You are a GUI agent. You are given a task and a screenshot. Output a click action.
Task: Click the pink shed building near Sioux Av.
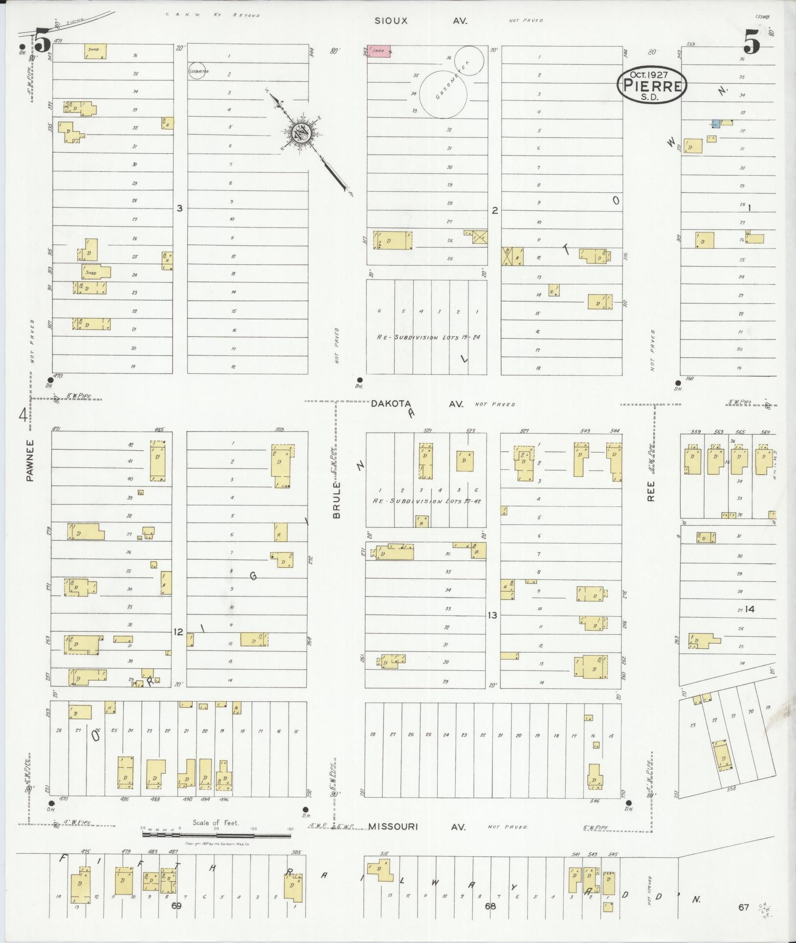pos(379,51)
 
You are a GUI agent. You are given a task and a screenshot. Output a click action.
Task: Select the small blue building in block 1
pos(715,123)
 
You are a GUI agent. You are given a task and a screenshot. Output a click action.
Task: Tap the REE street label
pos(651,491)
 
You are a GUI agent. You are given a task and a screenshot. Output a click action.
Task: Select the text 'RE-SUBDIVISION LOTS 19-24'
pos(428,337)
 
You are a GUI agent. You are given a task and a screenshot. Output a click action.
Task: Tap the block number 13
pos(492,615)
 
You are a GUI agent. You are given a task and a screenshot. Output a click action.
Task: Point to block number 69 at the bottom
pos(177,906)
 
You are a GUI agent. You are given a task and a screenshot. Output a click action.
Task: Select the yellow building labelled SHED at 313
pos(96,272)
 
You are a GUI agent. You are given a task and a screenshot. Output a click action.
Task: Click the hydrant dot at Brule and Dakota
pos(360,380)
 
